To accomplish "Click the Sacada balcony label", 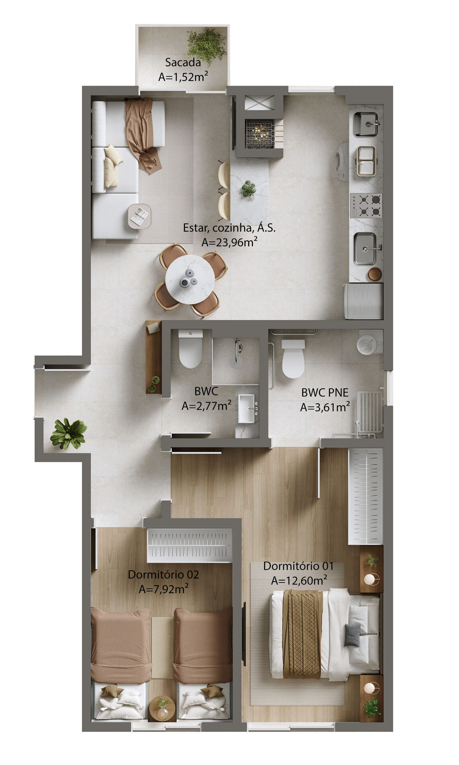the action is coord(183,62).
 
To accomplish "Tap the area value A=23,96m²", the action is coord(229,242).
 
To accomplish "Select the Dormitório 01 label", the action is coord(298,566).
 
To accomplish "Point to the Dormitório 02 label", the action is coord(163,575).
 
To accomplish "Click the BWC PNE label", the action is coord(325,392).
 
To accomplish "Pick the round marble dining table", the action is coord(190,279).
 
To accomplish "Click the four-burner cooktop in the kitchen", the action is coord(366,205).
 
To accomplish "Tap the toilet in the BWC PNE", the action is coord(293,358).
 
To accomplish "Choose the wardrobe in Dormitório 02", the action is coord(190,545).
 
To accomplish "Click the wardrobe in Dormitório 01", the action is coord(365,496).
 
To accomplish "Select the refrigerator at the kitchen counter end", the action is coord(363,301).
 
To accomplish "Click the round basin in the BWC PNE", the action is coord(366,344).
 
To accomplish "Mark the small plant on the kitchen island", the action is coord(248,189).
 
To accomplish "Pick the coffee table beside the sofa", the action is coord(139,216).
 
